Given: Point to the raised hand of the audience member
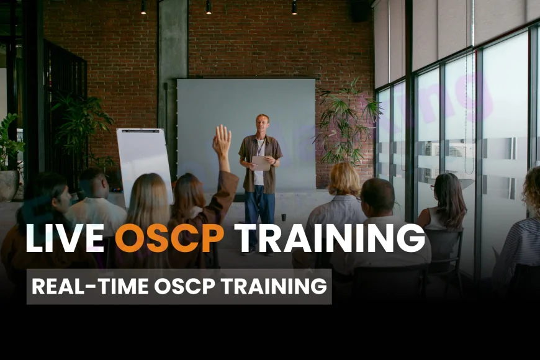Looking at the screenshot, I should [x=222, y=140].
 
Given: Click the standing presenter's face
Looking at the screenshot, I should [x=263, y=122].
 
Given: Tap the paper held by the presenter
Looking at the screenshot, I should [x=261, y=163].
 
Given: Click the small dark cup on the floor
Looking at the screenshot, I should [x=284, y=217].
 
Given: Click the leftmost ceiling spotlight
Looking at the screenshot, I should [x=143, y=7].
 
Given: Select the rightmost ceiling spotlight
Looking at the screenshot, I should [x=294, y=7].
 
